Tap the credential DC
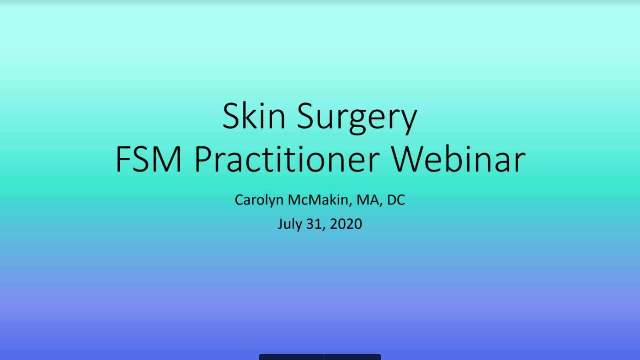pos(396,200)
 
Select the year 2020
pos(346,224)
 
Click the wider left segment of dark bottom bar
pos(291,357)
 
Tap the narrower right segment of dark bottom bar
pos(352,357)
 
